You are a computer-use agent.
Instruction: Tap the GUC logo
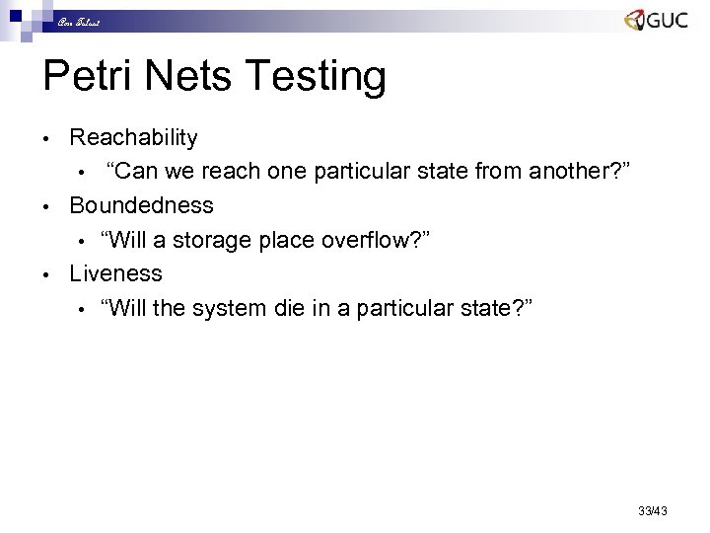click(x=656, y=21)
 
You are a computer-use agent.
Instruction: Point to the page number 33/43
click(x=653, y=510)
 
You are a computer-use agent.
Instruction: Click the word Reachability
click(x=133, y=138)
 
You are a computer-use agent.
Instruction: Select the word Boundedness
click(x=141, y=205)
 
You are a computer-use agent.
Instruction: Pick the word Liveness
click(x=115, y=272)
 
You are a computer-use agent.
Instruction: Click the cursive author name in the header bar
click(x=76, y=21)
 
